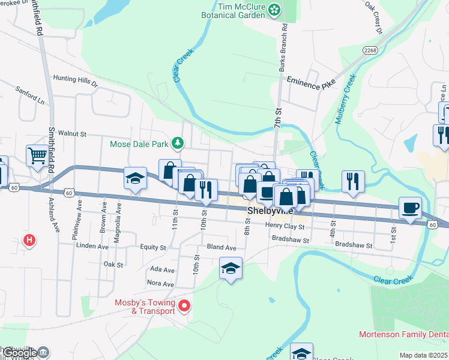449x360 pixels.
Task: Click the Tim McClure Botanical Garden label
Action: point(241,10)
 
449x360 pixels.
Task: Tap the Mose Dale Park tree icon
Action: point(178,143)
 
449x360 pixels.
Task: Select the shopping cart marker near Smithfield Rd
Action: point(37,156)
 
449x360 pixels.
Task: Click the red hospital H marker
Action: point(29,241)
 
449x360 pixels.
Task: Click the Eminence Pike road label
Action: point(311,83)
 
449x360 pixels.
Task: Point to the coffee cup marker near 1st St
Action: point(410,208)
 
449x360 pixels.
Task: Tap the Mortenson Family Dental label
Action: point(403,334)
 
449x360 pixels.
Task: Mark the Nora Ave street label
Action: point(161,283)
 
